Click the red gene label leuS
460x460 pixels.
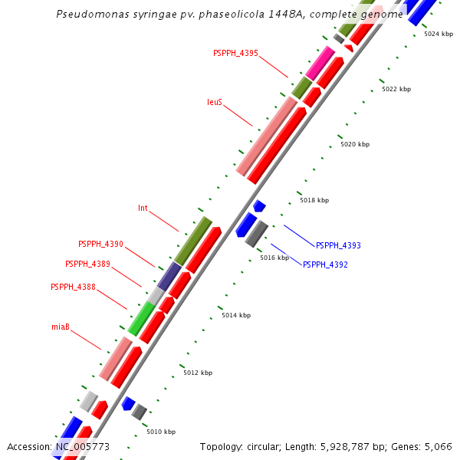[x=215, y=102]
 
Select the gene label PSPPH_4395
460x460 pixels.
[x=235, y=54]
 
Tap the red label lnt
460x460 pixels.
[x=143, y=209]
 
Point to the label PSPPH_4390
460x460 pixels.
[x=100, y=245]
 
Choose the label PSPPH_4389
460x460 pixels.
[x=87, y=264]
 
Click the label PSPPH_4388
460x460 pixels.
[x=73, y=287]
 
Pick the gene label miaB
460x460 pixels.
[x=61, y=327]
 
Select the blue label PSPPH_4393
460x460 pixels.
[x=338, y=246]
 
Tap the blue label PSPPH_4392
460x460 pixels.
[x=325, y=265]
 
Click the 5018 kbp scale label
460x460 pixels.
[x=314, y=201]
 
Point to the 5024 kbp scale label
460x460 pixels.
[x=439, y=34]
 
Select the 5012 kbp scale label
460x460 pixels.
[x=198, y=373]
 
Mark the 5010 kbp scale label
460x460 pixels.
[x=161, y=432]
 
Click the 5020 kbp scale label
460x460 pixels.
[x=355, y=145]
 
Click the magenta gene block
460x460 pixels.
[x=320, y=63]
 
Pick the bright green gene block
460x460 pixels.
[x=141, y=318]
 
